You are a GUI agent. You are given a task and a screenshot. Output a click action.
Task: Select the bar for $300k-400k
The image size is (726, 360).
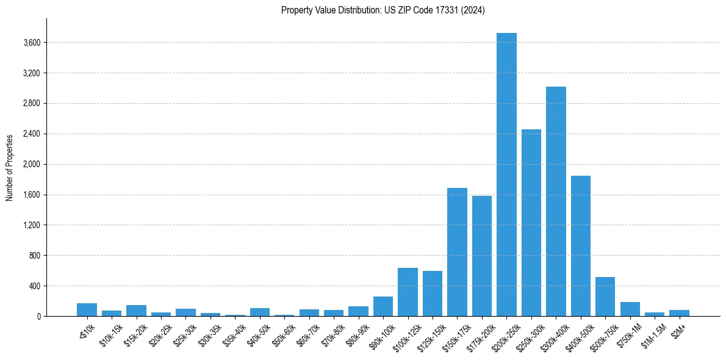556,201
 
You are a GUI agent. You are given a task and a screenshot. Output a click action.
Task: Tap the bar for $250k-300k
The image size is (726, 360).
531,223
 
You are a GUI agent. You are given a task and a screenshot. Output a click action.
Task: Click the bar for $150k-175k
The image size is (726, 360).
457,252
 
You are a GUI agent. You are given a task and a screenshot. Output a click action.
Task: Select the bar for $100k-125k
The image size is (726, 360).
408,292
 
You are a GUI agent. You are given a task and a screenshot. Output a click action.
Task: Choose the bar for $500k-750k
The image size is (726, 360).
605,297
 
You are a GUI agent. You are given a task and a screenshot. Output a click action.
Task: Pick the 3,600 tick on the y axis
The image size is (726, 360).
31,43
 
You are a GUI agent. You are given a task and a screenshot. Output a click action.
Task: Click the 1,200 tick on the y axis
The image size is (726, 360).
31,225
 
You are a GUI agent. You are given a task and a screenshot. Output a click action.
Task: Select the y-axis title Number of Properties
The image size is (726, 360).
9,167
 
